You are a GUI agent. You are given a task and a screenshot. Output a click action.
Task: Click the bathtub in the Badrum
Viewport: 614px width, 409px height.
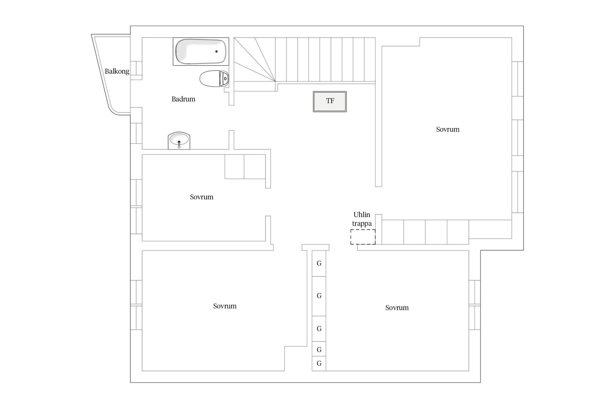201,51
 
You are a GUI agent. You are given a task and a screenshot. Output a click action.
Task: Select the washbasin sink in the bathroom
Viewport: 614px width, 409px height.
179,140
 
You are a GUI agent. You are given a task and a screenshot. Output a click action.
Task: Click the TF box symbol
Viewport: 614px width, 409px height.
330,101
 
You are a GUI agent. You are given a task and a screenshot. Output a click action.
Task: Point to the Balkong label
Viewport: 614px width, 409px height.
117,71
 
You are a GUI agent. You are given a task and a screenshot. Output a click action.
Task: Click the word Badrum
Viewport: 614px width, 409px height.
183,99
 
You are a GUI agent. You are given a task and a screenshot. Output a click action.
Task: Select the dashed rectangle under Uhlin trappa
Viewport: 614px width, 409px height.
363,237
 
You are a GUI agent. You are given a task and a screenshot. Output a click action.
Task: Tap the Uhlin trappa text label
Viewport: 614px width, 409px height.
362,219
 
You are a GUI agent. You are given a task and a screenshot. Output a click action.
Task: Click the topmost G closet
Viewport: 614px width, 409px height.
319,263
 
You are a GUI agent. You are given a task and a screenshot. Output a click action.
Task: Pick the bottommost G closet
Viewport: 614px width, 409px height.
319,364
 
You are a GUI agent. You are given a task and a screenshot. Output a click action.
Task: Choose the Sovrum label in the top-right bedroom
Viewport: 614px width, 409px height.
447,129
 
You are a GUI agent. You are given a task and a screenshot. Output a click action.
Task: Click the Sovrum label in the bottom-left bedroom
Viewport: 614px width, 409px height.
224,306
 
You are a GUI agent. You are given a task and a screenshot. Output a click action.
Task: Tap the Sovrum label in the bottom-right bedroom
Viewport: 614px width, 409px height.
397,308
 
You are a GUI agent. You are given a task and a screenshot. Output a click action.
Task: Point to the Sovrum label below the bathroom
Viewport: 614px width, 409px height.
201,197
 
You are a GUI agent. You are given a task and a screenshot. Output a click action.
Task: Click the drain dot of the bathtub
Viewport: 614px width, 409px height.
216,51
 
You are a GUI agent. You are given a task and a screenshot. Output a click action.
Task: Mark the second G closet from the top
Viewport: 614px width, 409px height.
319,296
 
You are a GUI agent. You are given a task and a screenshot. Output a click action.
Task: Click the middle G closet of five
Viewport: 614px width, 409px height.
319,328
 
